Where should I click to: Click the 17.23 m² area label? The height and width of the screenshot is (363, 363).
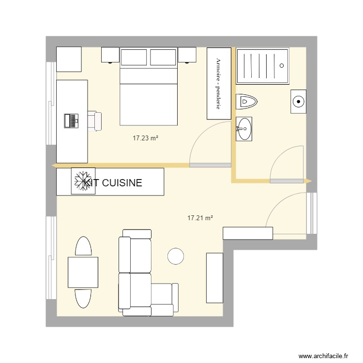146,138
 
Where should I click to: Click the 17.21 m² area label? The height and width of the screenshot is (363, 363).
200,218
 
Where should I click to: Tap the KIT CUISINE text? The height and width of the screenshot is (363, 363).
113,183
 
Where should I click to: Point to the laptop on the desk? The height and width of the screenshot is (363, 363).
71,120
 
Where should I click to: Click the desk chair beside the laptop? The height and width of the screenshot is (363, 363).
95,121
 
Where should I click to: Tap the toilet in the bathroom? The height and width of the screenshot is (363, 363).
247,102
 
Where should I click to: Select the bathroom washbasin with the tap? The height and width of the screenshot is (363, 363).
244,129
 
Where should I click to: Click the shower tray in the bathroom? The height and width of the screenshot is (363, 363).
262,66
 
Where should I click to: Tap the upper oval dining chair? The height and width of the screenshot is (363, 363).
84,246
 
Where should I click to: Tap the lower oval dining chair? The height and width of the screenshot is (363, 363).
83,297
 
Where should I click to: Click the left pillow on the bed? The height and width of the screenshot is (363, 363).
134,58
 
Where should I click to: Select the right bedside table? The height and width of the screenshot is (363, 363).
187,55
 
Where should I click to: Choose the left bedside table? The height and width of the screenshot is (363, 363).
110,55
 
